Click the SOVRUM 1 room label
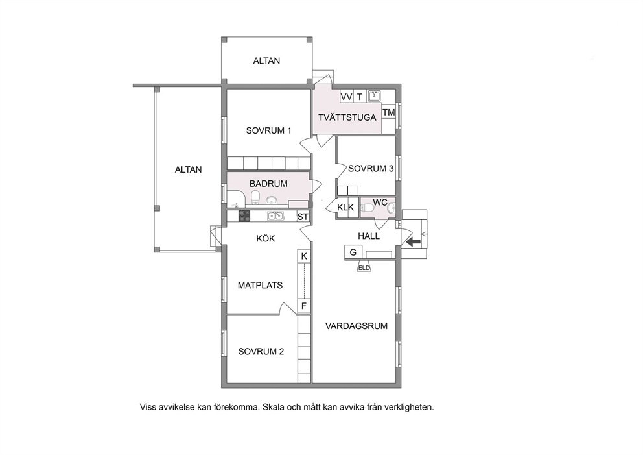point(268,130)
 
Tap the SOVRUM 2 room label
point(261,352)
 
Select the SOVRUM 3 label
point(371,168)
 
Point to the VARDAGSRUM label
point(357,326)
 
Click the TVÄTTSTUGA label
point(347,117)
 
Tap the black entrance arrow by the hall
point(414,242)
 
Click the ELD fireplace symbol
point(364,267)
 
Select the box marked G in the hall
point(353,252)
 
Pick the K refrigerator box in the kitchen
point(304,256)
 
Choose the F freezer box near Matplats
point(304,306)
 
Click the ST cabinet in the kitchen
point(303,216)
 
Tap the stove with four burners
point(244,216)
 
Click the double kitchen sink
point(275,215)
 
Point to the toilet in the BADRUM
point(255,196)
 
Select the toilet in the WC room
point(368,208)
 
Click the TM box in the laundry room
point(389,112)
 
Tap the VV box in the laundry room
point(347,97)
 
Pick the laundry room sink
point(374,96)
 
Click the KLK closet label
point(345,207)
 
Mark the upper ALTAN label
point(266,61)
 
